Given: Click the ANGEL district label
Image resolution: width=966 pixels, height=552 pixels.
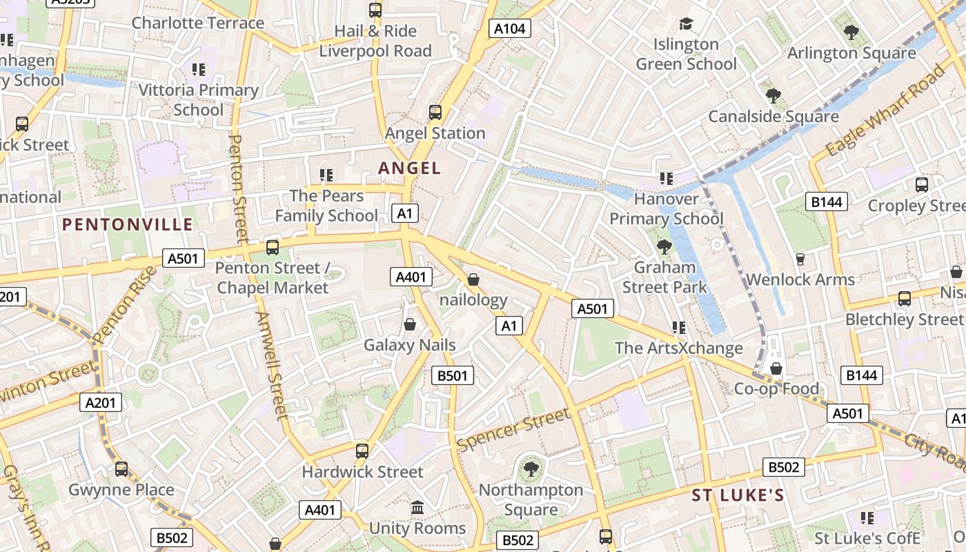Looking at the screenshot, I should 409,168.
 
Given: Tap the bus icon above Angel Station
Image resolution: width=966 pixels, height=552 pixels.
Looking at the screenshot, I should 435,112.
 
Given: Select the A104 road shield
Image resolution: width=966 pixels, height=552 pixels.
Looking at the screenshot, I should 509,28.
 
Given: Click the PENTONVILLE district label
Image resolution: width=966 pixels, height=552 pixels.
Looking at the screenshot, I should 128,224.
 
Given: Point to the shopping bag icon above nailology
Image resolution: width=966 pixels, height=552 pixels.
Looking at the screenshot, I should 473,279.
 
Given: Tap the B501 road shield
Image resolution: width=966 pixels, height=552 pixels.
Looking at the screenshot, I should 453,375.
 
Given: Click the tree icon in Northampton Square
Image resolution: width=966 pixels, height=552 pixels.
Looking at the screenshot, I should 531,469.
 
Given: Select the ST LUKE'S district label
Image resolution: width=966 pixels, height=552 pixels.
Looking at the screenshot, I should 738,495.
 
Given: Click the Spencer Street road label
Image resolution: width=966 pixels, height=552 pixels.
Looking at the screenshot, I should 513,429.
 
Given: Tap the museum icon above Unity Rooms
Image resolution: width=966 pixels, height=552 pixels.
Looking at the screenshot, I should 417,508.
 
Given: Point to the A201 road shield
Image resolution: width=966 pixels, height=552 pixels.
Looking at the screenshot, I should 101,402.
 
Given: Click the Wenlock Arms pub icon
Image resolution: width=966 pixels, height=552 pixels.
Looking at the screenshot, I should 800,259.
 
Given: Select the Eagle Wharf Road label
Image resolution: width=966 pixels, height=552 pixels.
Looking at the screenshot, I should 885,110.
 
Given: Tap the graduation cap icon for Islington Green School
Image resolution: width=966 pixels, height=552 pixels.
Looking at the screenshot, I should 685,24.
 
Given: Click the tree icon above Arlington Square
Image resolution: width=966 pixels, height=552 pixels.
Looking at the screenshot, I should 851,32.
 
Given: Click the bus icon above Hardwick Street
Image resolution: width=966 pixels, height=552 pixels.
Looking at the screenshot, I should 362,451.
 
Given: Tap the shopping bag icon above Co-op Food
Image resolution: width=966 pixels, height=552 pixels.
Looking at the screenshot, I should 776,368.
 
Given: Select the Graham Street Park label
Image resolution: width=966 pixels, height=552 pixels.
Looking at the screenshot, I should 664,277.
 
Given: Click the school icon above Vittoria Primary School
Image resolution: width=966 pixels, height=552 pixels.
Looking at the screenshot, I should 199,69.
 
